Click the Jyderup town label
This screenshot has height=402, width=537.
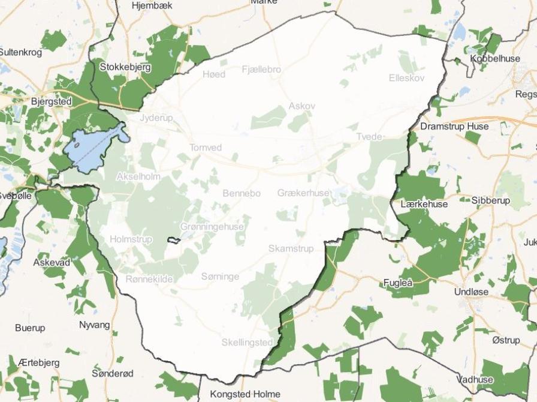click(x=156, y=118)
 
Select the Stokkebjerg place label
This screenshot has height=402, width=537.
click(x=125, y=67)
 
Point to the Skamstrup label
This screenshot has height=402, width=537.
click(x=291, y=248)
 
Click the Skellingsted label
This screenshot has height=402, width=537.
click(x=247, y=342)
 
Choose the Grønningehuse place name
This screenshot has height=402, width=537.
click(x=212, y=227)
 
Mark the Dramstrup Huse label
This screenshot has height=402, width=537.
click(x=454, y=127)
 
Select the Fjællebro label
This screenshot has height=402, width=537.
click(x=261, y=70)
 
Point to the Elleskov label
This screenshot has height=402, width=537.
click(x=406, y=78)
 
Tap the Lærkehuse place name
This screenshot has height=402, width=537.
click(x=424, y=204)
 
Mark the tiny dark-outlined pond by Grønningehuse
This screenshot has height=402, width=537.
click(x=174, y=241)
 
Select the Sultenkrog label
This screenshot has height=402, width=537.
click(x=21, y=52)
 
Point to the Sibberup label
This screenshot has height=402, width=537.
click(x=490, y=200)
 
